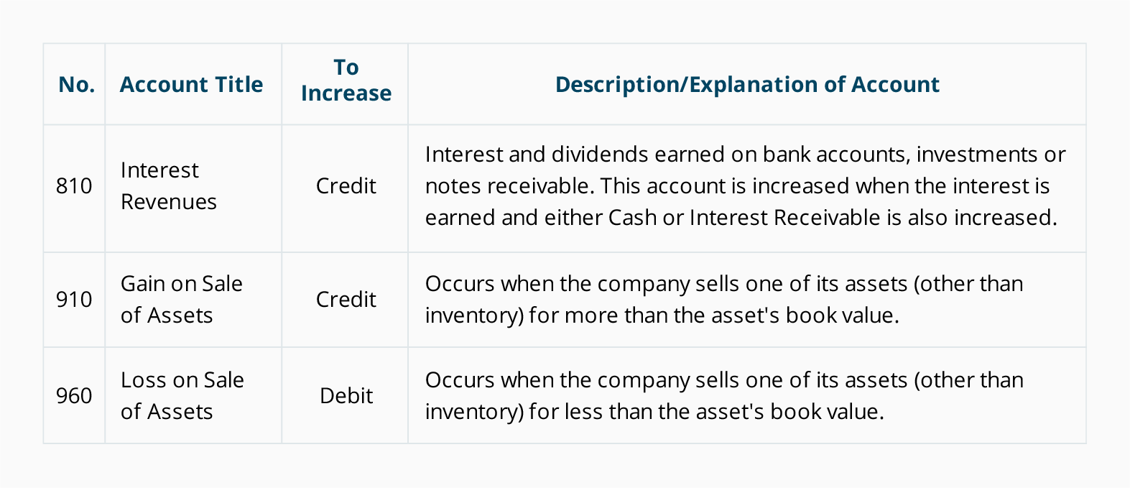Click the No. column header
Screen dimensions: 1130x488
[77, 84]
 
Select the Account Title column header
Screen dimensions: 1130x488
[191, 84]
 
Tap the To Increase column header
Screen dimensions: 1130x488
[346, 80]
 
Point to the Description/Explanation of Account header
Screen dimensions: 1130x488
[747, 84]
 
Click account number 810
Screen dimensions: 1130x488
[74, 185]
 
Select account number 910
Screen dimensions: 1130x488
[74, 299]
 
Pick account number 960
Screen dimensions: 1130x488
[74, 396]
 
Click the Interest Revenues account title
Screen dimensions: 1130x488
[169, 185]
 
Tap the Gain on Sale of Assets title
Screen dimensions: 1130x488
[182, 299]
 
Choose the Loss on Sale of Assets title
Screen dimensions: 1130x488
[182, 396]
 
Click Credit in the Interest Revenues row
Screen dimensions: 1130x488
[346, 185]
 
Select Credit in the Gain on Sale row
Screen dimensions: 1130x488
[346, 299]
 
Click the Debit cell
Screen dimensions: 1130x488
[346, 396]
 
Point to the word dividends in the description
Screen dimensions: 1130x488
[600, 155]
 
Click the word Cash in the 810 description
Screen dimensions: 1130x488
[633, 218]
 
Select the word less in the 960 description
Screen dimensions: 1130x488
[583, 412]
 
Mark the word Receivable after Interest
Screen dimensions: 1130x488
[828, 218]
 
